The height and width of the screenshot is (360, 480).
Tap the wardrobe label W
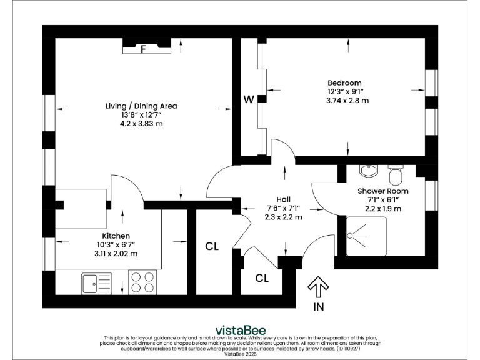click(248, 99)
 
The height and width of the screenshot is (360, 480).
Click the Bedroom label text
click(344, 82)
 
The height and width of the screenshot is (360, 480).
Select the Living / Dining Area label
click(141, 106)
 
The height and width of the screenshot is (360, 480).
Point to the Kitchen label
click(116, 236)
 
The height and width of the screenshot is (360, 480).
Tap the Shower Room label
click(382, 191)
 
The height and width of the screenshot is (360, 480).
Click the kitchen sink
click(96, 283)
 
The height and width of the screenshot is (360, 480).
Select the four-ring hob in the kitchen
click(143, 282)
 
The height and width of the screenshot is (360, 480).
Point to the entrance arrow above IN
click(319, 287)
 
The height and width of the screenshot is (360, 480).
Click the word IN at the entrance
click(319, 307)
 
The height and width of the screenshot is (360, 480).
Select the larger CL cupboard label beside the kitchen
click(212, 246)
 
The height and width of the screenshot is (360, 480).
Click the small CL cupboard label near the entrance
click(262, 277)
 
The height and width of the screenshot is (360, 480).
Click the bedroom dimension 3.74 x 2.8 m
click(347, 100)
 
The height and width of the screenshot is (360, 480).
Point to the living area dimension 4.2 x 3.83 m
click(141, 123)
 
